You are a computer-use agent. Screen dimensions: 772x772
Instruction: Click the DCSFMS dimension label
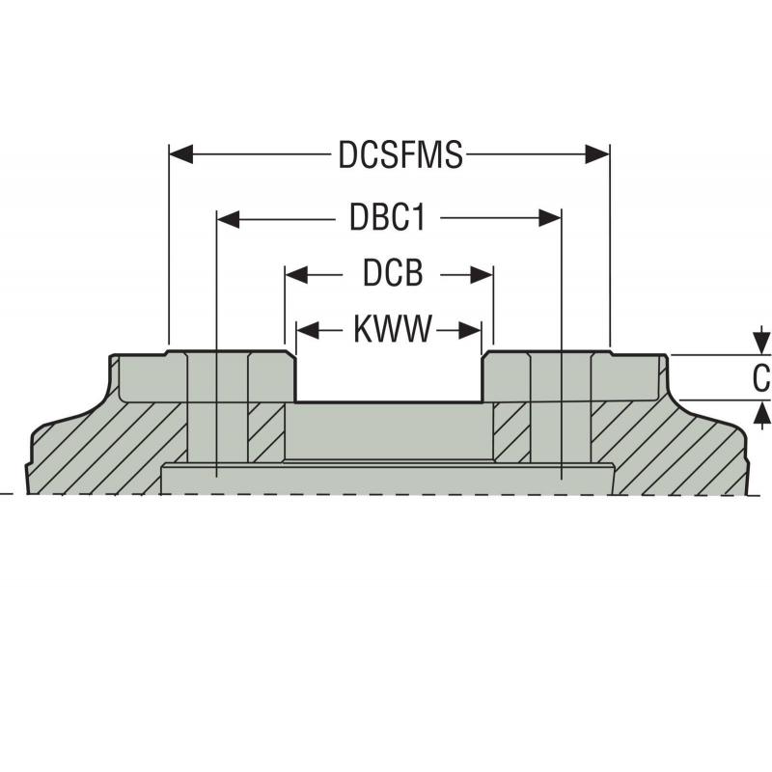tap(400, 155)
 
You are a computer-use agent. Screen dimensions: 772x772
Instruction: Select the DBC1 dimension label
tap(387, 219)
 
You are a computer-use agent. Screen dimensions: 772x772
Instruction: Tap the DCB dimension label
tap(393, 275)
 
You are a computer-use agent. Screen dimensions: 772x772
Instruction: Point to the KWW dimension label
tap(392, 331)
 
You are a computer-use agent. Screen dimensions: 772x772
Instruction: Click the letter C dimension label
tap(761, 377)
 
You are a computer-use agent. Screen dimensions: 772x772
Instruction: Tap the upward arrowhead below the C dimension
tap(762, 412)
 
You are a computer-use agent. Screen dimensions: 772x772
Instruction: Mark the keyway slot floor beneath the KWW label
tap(388, 401)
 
